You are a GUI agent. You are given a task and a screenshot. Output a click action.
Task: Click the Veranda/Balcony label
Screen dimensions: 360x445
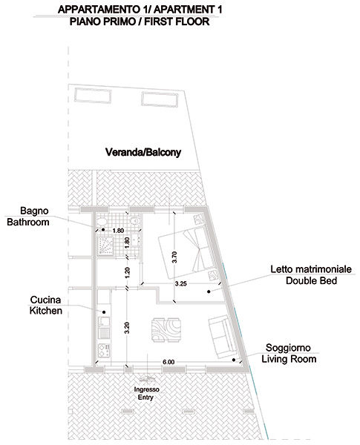(143, 152)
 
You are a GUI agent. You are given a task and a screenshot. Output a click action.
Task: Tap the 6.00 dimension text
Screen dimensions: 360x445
(168, 362)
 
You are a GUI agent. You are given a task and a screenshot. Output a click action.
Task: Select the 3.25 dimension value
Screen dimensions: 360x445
(180, 283)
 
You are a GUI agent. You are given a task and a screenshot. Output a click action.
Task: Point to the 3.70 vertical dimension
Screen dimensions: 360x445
(174, 257)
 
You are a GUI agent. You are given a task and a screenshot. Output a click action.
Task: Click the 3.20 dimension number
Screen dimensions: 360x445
(127, 328)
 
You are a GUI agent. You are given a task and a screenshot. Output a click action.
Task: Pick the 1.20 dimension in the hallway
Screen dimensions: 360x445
(127, 273)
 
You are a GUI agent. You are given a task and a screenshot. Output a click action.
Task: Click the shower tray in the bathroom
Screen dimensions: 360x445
(105, 245)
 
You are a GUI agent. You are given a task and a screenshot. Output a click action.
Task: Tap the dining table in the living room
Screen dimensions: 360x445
(166, 330)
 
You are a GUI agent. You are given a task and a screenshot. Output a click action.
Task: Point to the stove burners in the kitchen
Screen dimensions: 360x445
(104, 350)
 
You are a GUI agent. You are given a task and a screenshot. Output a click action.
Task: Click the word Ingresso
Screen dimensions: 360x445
(146, 389)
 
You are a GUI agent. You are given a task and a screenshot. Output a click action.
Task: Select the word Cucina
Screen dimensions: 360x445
(45, 300)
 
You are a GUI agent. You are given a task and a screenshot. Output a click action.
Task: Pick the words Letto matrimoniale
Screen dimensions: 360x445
(311, 269)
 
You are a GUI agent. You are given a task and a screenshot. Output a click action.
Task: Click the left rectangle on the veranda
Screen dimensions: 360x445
(93, 96)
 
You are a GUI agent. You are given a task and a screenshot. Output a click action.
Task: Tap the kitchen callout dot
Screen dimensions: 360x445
(104, 312)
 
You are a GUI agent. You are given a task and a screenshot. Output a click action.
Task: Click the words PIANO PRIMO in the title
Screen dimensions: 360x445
(102, 22)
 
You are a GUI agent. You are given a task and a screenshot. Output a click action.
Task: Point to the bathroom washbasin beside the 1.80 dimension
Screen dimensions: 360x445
(135, 240)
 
